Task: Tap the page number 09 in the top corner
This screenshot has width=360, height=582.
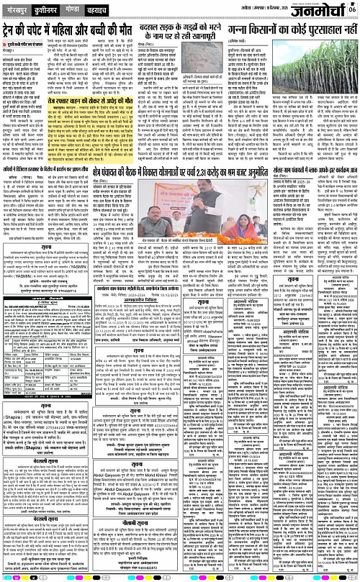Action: [x=353, y=9]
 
